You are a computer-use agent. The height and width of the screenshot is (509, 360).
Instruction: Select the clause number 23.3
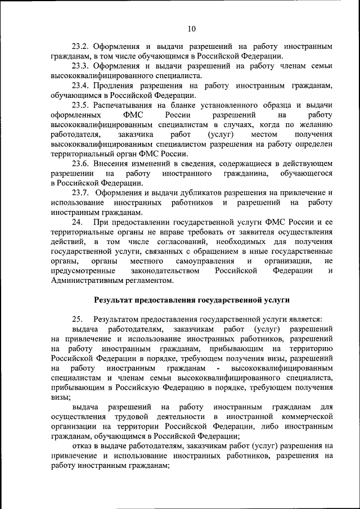click(x=81, y=65)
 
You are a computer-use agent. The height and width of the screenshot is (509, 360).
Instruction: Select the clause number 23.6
click(x=81, y=163)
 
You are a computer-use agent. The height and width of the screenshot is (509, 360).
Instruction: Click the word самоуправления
click(x=207, y=262)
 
